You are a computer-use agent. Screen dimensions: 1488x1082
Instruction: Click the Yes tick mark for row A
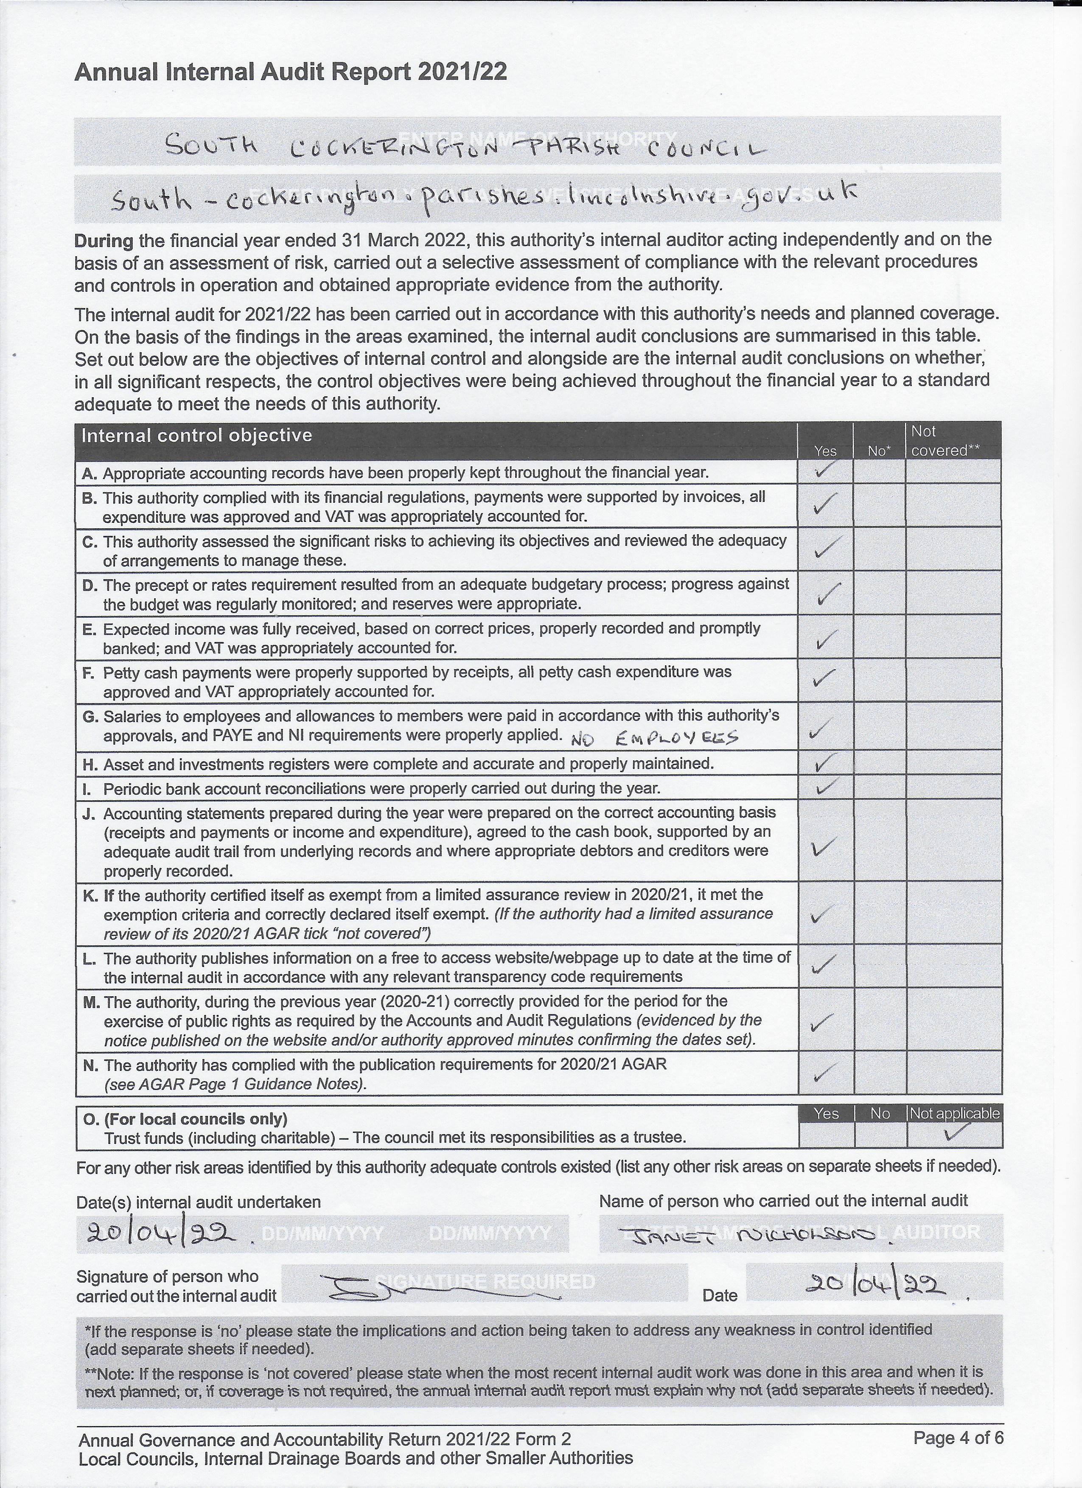(825, 470)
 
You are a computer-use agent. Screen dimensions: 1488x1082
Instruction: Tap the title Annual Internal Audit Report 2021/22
(291, 72)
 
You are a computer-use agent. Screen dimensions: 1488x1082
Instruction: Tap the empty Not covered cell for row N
(953, 1073)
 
